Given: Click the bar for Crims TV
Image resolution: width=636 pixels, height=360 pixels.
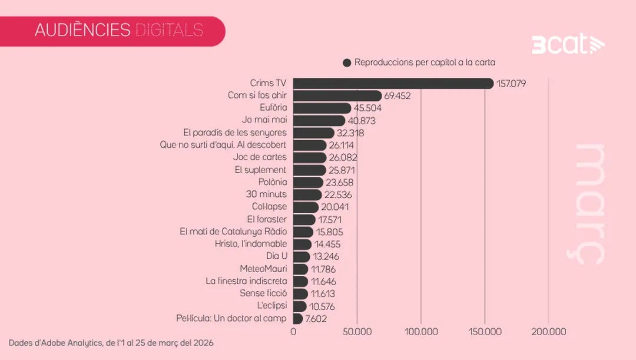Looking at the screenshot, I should coord(393,83).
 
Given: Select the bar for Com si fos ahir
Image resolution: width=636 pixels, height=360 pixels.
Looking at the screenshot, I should coord(337,95).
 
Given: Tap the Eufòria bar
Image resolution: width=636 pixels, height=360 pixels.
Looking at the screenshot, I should coord(322,108).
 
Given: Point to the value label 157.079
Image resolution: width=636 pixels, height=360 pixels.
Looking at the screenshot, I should coord(511,84).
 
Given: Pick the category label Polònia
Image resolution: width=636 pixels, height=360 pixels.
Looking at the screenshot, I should coord(272,182).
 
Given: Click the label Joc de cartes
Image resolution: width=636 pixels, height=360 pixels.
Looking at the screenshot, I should coord(260,157).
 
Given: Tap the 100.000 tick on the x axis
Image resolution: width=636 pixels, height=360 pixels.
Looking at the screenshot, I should coord(421,332).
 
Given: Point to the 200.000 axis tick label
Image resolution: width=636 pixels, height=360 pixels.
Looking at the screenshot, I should coord(548,332).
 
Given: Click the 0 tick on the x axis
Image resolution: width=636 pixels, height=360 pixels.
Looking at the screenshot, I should coord(293,332).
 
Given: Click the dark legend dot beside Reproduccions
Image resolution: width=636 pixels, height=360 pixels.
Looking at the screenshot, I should coord(347,62).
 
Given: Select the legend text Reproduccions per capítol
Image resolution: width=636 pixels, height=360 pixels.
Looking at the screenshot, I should coord(425,62).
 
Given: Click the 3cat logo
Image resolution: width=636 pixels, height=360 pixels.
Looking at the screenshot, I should coord(568,45).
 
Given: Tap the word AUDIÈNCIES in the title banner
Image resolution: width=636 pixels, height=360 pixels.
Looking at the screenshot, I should coord(82,30).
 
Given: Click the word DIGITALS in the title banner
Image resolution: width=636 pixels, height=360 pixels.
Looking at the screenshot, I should coord(169,30).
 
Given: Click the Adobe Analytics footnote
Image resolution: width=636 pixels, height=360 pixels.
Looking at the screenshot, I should coord(111,342).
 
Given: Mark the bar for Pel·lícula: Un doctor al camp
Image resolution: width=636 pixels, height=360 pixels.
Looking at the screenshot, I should coord(298,319).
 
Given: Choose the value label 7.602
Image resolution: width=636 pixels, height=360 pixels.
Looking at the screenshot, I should coord(316,319).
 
